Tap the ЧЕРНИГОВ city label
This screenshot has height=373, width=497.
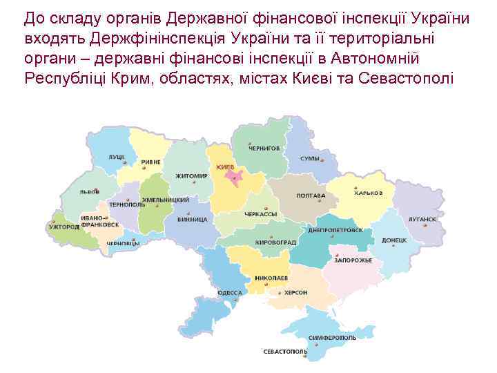(265, 148)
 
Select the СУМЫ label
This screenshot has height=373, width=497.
(309, 159)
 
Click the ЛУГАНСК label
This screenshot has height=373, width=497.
(422, 218)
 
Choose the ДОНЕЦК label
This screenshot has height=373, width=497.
(394, 240)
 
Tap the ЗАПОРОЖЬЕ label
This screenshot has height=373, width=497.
(353, 260)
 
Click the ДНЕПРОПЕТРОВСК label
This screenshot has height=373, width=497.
(336, 230)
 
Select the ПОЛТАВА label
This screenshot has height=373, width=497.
(311, 195)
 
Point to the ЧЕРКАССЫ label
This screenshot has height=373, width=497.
(260, 214)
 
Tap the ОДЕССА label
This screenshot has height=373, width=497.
(230, 292)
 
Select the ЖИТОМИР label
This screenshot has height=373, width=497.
(191, 175)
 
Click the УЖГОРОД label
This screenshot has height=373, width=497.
(64, 226)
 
